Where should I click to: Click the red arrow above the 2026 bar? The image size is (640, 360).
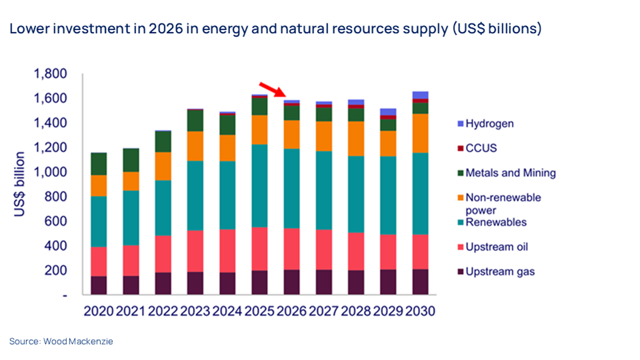point(272,89)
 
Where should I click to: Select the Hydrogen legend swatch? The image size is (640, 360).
point(460,124)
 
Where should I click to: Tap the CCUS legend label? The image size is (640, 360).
point(481,148)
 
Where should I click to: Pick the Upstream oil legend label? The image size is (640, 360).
point(496,247)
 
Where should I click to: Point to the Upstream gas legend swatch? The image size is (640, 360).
point(460,272)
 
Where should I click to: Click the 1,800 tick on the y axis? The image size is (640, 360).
point(50,74)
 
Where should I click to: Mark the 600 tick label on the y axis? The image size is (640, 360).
point(55,221)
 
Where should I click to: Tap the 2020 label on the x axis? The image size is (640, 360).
point(98,311)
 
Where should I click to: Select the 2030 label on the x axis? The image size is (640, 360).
point(420,311)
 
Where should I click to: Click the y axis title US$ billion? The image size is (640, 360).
point(20,184)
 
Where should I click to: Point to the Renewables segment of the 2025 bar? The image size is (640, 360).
point(260,186)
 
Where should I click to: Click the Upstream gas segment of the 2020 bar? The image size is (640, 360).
point(99,285)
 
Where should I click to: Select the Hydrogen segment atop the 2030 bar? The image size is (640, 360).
point(420,95)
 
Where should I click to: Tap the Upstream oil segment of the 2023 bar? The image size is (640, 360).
point(195,251)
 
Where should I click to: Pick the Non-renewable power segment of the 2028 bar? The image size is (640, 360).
point(356,139)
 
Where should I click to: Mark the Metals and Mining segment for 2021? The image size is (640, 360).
point(131,160)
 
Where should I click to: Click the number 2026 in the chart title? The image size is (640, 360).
point(165,28)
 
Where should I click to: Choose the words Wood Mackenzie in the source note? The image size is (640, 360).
point(78,342)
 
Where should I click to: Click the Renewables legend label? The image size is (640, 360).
point(496,222)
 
